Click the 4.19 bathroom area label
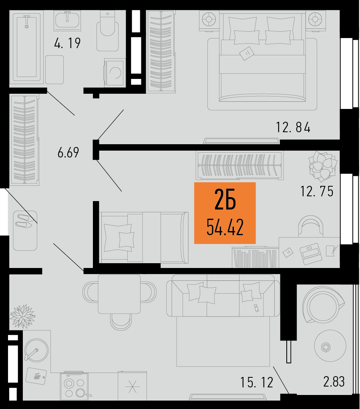coord(67,43)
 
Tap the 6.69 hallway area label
coord(68,153)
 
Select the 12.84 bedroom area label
coord(293,127)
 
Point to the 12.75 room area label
coord(317,191)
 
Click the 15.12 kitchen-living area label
coord(257,383)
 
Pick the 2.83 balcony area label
coord(334,381)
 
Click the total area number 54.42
coord(225,227)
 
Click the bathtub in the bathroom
coord(26,47)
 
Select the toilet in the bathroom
coord(107,31)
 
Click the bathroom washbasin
coord(67,19)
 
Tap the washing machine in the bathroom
coord(114,72)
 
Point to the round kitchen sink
coord(36,350)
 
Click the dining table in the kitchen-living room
coord(119,294)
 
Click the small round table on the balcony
coord(330,346)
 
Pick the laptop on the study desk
coord(310,253)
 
